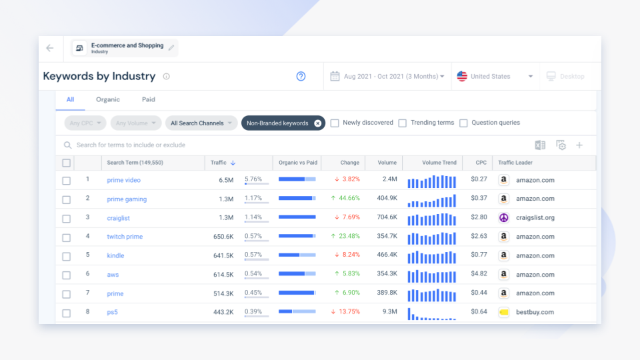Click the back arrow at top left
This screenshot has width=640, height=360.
50,48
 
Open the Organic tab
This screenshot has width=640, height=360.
107,99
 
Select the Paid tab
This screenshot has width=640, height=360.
149,99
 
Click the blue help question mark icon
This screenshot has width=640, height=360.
301,77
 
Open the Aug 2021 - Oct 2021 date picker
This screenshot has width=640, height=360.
387,77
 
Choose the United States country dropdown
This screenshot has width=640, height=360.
495,77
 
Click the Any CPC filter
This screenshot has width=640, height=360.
85,123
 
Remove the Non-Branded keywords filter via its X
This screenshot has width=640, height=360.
317,123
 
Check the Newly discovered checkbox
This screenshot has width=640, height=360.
335,123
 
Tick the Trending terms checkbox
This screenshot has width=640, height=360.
403,123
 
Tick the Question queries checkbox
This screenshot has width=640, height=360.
463,123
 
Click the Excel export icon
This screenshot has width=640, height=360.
540,145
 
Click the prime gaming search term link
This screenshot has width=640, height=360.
127,199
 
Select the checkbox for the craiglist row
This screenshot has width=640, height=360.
66,218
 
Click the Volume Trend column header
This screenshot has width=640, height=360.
439,163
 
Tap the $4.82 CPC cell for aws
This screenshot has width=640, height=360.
479,274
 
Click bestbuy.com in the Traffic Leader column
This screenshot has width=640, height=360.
535,312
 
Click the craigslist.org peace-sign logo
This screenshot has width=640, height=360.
504,218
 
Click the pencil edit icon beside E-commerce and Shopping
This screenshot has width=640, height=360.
171,48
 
